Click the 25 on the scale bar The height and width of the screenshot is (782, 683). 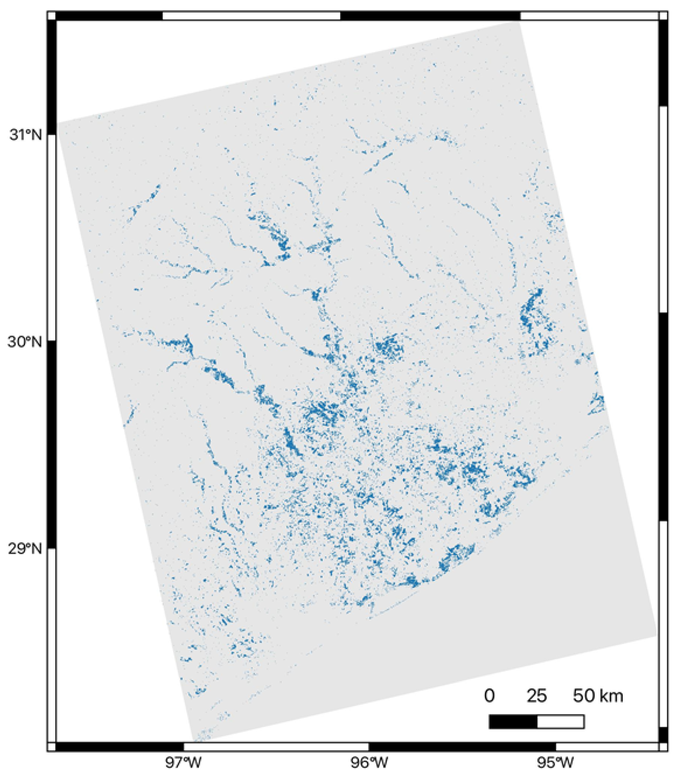537,696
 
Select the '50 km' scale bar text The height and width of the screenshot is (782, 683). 598,696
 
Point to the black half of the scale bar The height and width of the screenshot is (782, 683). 513,721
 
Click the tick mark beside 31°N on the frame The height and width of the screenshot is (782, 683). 52,134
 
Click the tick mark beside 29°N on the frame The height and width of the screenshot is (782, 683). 52,549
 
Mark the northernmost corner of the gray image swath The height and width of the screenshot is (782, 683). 520,23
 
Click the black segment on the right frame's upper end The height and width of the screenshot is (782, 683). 663,63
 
